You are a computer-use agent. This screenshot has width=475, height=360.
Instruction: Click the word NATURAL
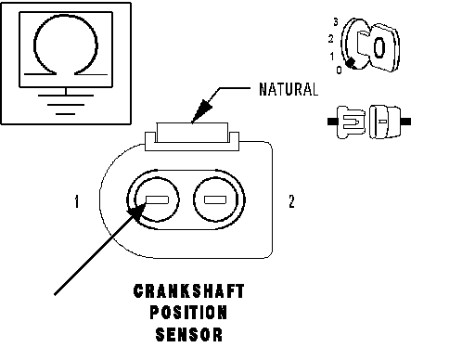(x=289, y=89)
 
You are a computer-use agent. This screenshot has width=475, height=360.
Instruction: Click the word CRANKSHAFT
(x=189, y=291)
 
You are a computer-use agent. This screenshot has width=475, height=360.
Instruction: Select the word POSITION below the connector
(x=188, y=313)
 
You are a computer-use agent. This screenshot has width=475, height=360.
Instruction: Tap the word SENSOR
(x=189, y=334)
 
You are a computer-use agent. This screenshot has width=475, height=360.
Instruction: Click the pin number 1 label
(x=77, y=201)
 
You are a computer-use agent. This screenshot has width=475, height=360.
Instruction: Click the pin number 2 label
(x=291, y=201)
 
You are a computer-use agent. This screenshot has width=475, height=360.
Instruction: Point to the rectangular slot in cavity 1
(x=157, y=200)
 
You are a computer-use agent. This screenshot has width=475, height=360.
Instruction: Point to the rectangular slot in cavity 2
(x=215, y=200)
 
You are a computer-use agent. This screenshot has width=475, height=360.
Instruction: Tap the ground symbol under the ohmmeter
(x=66, y=104)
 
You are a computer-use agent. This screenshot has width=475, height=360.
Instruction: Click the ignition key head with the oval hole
(x=383, y=47)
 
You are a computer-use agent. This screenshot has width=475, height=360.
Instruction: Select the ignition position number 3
(x=336, y=22)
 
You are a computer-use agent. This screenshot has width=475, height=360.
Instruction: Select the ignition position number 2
(x=331, y=39)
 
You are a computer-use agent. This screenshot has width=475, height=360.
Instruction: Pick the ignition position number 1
(x=332, y=57)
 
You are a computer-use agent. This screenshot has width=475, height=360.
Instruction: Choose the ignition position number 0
(x=339, y=71)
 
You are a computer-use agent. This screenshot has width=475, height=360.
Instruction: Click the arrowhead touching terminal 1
(x=136, y=212)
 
